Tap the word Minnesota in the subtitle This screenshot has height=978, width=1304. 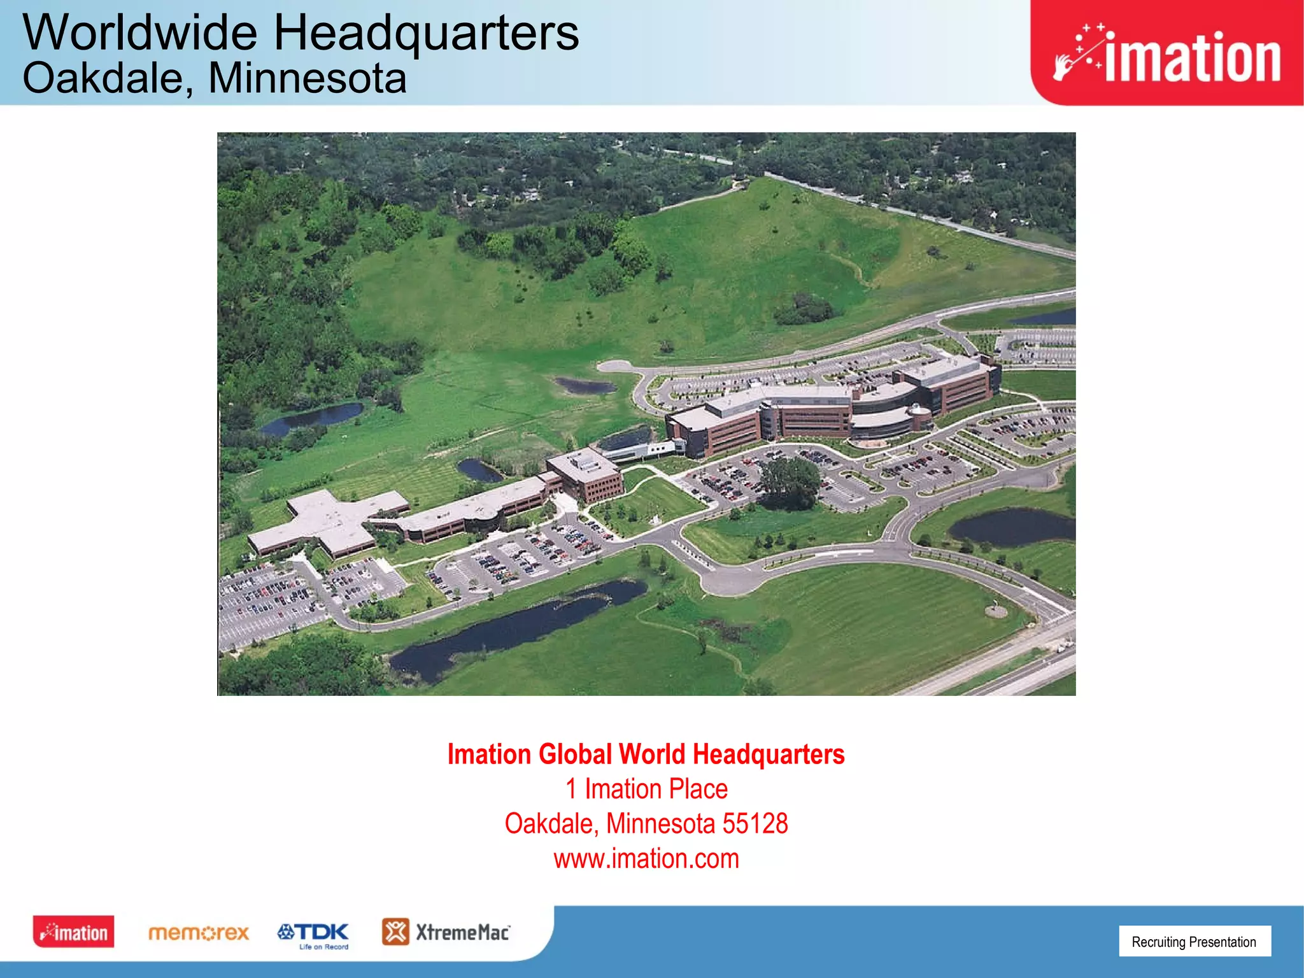pos(307,79)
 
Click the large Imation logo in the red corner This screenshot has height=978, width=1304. pos(1166,56)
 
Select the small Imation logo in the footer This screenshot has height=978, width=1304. pos(74,932)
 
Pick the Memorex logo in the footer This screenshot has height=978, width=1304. pos(198,933)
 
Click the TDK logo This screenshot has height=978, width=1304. pos(313,933)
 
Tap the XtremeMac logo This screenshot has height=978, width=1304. pos(446,932)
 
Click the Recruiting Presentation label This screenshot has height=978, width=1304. pos(1194,942)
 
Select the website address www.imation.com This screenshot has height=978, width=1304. pos(646,859)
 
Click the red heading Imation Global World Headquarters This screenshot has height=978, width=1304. pos(646,755)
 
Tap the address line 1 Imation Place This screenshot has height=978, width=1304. pos(646,790)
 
